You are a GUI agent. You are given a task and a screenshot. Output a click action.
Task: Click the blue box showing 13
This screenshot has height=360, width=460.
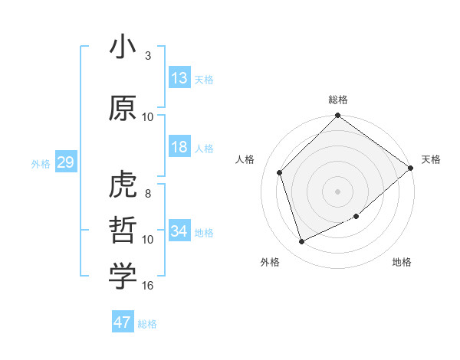pos(179,79)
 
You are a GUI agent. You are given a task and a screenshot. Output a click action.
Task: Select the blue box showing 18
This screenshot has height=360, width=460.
pos(179,148)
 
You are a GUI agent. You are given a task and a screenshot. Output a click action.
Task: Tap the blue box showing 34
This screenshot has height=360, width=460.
pos(179,231)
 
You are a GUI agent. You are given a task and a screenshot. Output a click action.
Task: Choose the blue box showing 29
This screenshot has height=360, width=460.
pos(65,163)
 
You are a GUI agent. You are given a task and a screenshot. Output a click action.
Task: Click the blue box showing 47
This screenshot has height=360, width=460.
pos(123,322)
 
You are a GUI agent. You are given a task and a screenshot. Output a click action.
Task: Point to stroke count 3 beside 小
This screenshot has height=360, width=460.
pos(148,56)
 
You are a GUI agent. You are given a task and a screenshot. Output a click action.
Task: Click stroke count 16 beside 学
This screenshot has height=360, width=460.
pos(148,286)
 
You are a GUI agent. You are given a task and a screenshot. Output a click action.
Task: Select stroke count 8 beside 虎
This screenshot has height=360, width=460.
pos(148,194)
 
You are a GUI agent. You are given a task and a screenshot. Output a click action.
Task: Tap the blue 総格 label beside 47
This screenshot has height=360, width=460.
pos(147,324)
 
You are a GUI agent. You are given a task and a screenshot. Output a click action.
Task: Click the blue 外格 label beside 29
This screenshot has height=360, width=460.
pos(41,164)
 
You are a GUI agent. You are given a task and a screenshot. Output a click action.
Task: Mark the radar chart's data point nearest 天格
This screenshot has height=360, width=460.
pos(411,169)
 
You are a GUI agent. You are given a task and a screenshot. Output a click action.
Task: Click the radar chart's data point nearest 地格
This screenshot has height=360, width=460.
pos(356,216)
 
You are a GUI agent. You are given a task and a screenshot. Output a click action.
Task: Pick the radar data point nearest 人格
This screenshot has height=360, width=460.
pos(280,172)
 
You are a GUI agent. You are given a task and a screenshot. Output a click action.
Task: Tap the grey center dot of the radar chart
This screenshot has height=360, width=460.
pos(337,191)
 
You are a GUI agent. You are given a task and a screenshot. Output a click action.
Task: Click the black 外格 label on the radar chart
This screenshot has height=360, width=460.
pos(270,262)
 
